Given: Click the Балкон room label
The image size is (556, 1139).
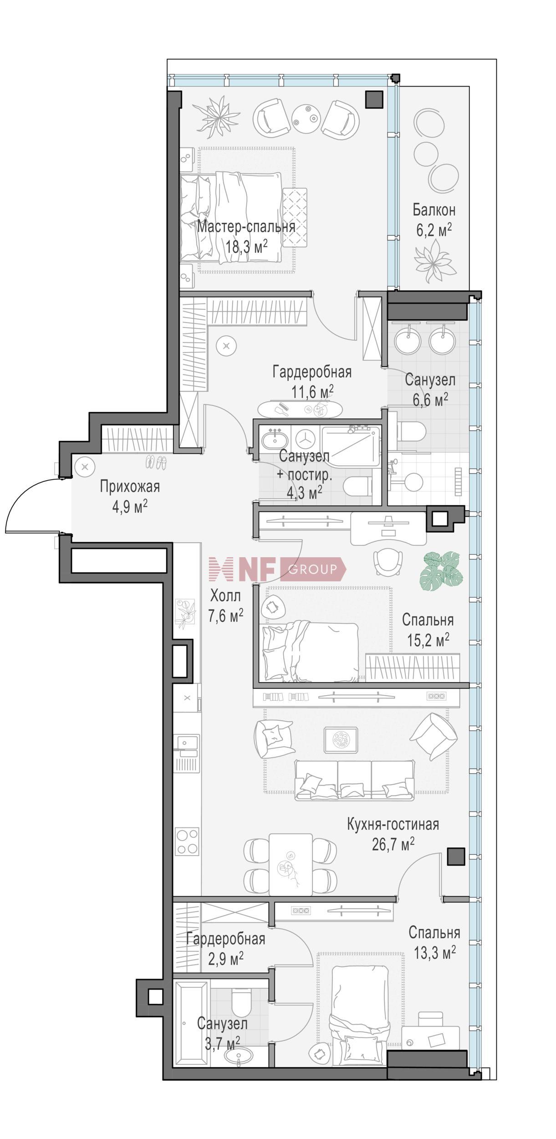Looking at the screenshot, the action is (x=434, y=210).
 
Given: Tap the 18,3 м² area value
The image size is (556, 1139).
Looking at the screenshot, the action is (x=246, y=247).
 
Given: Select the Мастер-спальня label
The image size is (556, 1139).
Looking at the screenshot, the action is (x=246, y=226).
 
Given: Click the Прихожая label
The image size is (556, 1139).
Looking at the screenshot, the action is (x=130, y=487).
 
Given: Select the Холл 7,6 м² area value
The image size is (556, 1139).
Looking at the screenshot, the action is (x=225, y=616).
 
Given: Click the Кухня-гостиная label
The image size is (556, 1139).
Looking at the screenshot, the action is (x=393, y=824).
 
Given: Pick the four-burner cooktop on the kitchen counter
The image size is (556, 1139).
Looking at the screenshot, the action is (x=187, y=841).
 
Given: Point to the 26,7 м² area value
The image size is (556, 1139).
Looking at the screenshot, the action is (x=393, y=845).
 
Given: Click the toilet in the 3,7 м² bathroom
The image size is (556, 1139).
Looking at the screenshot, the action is (x=241, y=1001).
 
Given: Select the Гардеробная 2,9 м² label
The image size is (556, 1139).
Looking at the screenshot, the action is (x=225, y=939).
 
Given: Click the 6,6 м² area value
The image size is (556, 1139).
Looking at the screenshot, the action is (x=430, y=400).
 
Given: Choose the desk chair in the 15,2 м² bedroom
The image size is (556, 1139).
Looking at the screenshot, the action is (x=388, y=562).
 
